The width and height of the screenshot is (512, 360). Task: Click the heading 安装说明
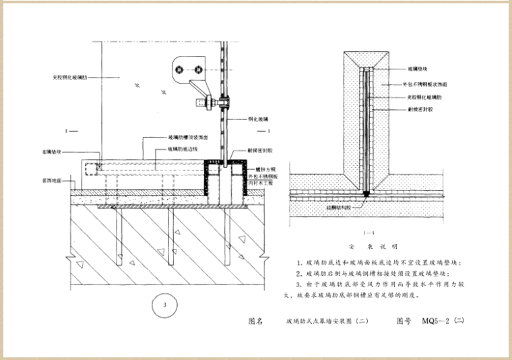tap(368, 247)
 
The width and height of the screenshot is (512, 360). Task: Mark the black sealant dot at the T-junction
tap(365, 194)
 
